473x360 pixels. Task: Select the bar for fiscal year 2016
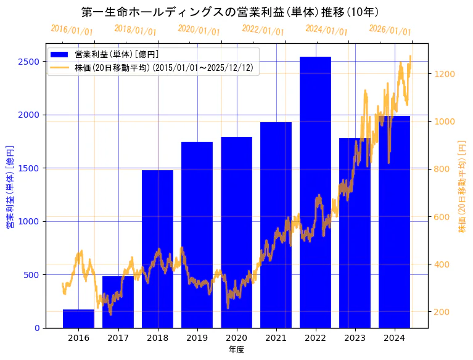point(78,319)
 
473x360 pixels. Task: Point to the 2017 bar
point(118,302)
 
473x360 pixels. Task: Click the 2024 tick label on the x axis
point(394,337)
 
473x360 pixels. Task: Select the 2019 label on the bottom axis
point(197,337)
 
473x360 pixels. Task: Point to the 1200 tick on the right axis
point(445,74)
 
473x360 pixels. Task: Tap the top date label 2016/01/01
point(72,30)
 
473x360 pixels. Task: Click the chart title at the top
point(230,12)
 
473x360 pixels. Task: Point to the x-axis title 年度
point(236,349)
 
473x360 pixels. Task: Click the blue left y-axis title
point(10,187)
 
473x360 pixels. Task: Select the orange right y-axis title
point(462,187)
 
